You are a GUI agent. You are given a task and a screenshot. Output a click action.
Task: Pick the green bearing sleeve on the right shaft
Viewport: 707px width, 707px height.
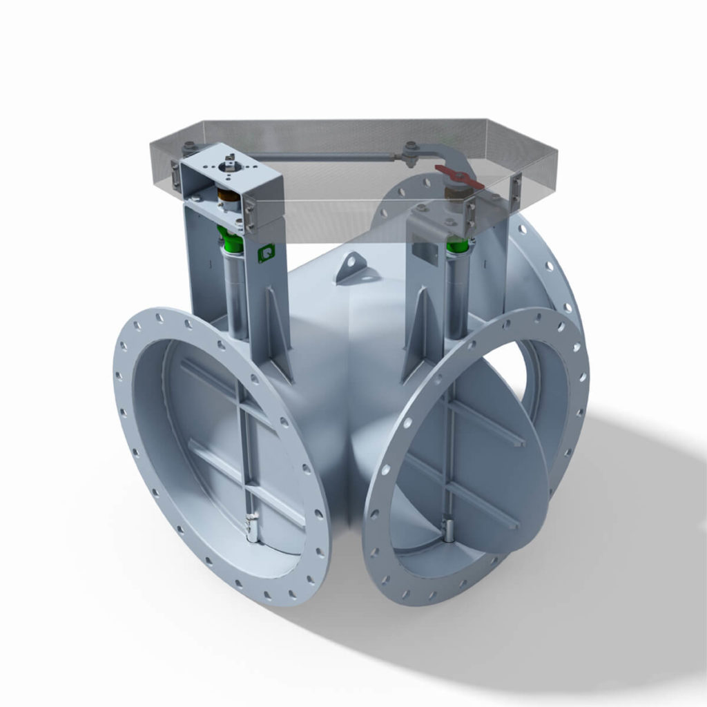(456, 244)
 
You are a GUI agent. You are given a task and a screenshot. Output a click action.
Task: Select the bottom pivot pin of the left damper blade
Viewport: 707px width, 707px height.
(249, 529)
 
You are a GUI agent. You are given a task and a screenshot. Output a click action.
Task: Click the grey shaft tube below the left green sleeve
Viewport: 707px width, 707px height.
(235, 290)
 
